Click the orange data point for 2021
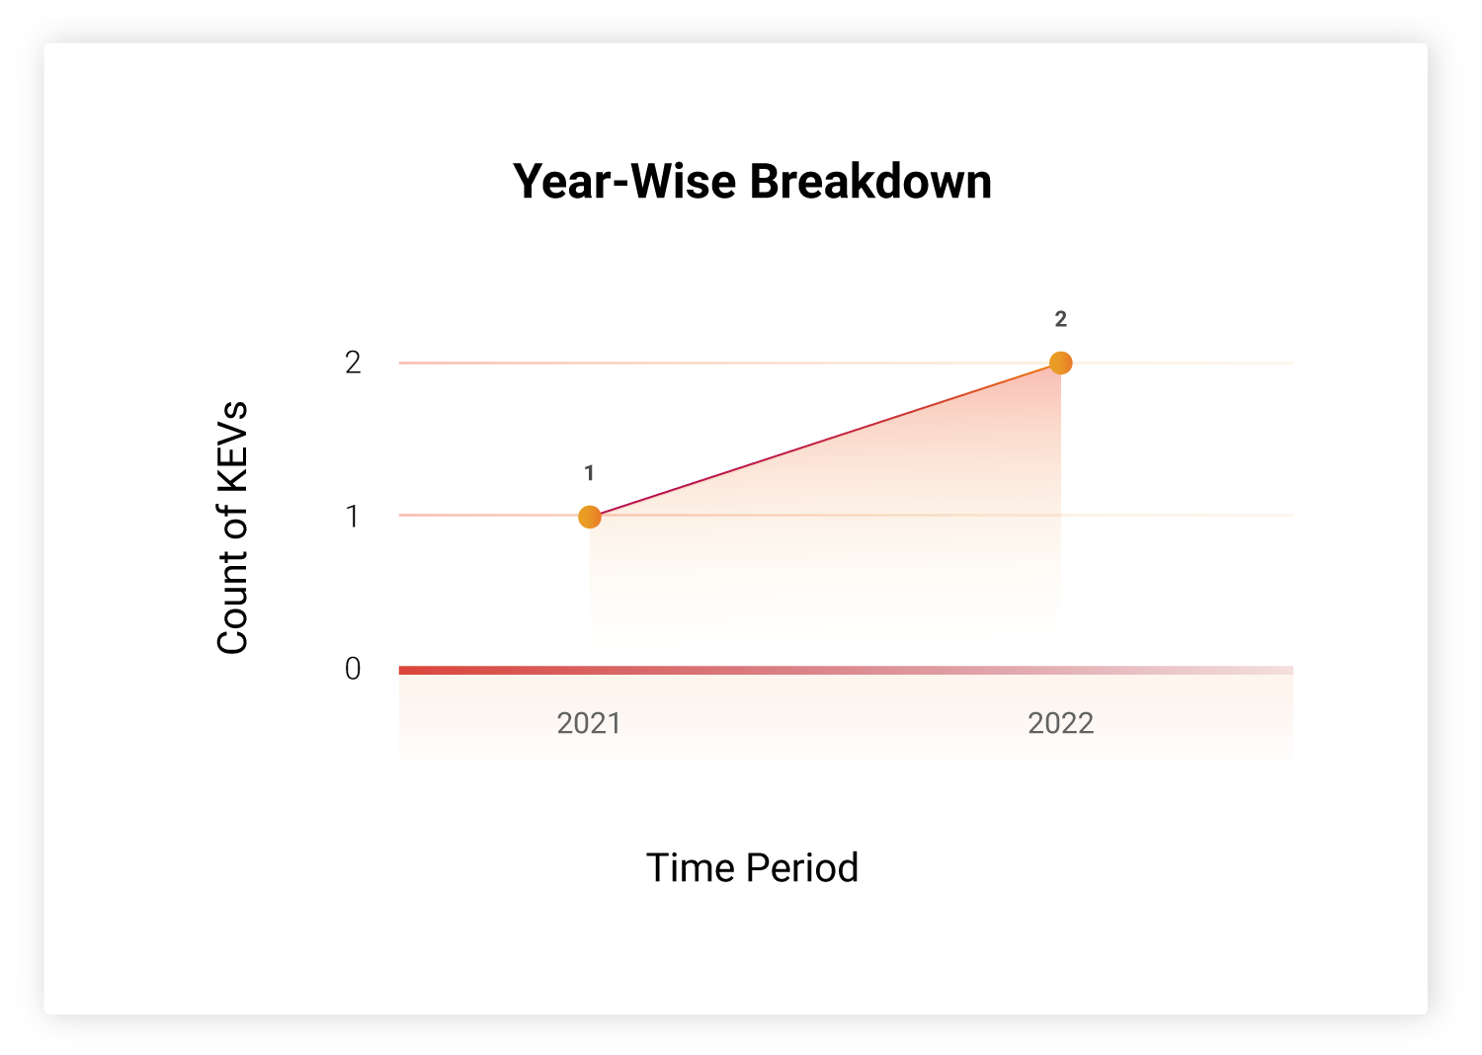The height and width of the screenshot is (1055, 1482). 590,517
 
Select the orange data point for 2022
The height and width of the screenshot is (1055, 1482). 1060,363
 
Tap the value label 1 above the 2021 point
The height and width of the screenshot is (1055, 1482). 589,473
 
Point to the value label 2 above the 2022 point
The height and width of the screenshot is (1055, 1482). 1060,319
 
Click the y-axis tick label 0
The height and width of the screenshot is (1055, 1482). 353,669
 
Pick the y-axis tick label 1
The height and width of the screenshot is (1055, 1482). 353,516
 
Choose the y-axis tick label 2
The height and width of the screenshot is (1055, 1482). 353,363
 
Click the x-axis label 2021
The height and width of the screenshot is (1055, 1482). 589,723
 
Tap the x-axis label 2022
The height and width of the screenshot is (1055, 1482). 1060,723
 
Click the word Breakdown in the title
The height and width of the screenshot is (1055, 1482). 870,181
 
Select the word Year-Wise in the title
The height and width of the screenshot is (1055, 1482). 624,181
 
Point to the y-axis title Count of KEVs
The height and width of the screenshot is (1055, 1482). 232,527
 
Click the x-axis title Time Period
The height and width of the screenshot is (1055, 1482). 752,867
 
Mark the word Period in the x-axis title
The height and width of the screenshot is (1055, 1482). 802,867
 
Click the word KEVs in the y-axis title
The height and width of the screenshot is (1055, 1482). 232,447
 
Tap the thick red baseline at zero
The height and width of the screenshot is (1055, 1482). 846,670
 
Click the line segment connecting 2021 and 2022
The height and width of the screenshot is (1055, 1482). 825,440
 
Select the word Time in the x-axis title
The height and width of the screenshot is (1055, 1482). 691,867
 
